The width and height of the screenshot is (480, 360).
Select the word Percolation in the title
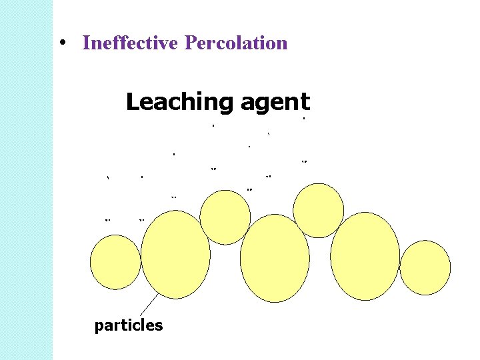[236, 43]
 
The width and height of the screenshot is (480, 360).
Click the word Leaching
[178, 103]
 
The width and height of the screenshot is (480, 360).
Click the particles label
[129, 325]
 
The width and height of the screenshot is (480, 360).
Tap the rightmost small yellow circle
[425, 267]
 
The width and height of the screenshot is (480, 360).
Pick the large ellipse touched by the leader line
[175, 255]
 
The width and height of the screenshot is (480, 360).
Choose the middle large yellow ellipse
[275, 259]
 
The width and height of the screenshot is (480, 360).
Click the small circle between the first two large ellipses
[225, 217]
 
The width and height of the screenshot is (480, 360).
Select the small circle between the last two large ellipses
[319, 210]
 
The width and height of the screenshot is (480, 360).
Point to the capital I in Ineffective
[85, 43]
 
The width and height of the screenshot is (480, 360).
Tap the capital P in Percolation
[191, 43]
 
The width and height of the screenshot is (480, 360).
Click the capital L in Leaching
[132, 102]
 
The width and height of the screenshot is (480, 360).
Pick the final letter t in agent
[305, 103]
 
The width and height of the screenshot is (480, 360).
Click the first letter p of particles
[99, 327]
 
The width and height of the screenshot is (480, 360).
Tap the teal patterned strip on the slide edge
[26, 180]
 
